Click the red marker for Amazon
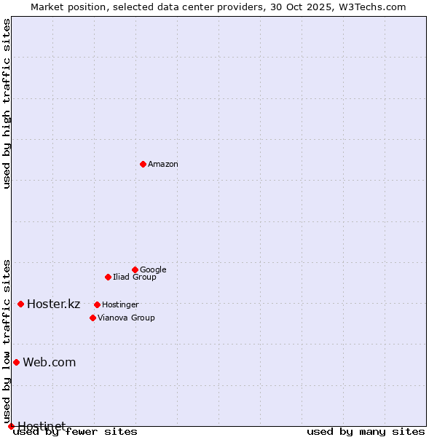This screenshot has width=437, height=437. click(x=143, y=164)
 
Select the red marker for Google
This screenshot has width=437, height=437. click(x=135, y=269)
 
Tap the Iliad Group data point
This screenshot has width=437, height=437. click(x=108, y=277)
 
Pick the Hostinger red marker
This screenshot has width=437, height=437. click(x=97, y=304)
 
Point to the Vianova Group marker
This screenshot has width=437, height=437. click(x=92, y=318)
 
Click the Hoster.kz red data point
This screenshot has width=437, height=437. click(x=20, y=304)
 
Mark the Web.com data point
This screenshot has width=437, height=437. click(x=16, y=362)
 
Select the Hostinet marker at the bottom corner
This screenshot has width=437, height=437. click(x=11, y=426)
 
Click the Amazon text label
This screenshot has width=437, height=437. click(x=163, y=165)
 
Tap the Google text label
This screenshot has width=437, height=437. click(x=153, y=270)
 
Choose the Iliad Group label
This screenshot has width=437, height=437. click(x=135, y=277)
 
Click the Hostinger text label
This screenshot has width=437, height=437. click(x=120, y=305)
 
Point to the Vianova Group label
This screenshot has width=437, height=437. click(x=126, y=318)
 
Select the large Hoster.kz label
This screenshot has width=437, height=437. click(x=53, y=304)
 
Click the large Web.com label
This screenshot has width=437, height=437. click(x=49, y=363)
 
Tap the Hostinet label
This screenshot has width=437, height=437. click(x=42, y=426)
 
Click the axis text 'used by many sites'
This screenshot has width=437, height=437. click(x=366, y=432)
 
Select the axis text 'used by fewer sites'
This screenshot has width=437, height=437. click(x=76, y=432)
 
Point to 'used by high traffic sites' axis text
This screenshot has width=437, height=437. click(x=7, y=103)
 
